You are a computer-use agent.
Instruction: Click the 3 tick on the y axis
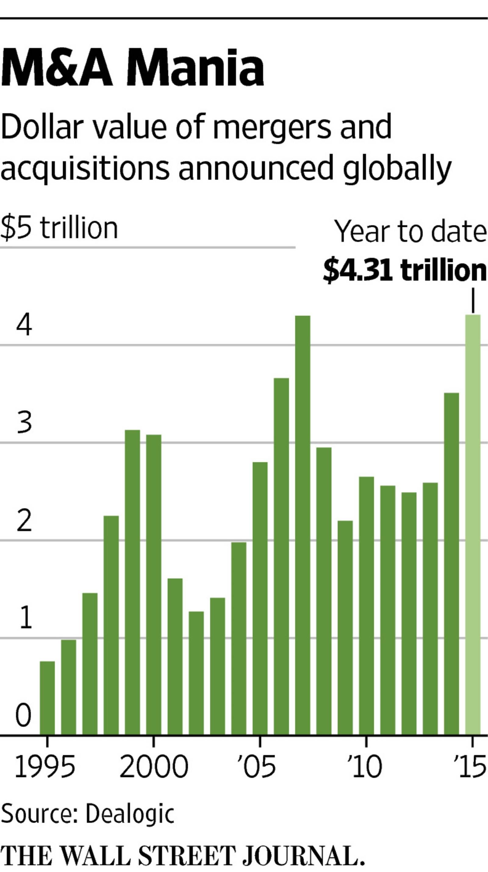click(24, 423)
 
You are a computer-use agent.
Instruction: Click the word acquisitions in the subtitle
click(85, 168)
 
